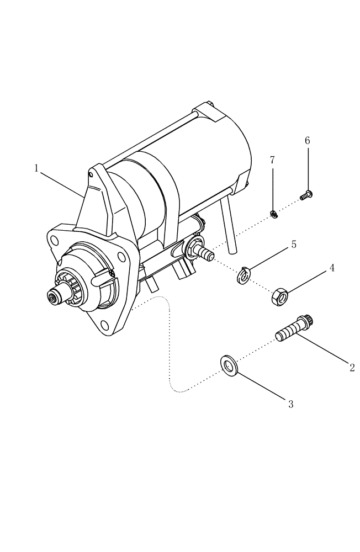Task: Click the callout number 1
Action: [x=36, y=168]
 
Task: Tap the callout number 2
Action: [x=352, y=368]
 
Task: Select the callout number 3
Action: [x=291, y=404]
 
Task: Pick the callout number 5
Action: [x=294, y=244]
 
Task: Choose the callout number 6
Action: [x=308, y=141]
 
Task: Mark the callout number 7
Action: [x=272, y=160]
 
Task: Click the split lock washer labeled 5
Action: [x=245, y=275]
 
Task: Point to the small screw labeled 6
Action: [x=305, y=194]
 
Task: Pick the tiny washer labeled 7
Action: [x=273, y=214]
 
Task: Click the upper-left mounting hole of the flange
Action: [x=54, y=240]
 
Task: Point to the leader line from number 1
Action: [x=62, y=184]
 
